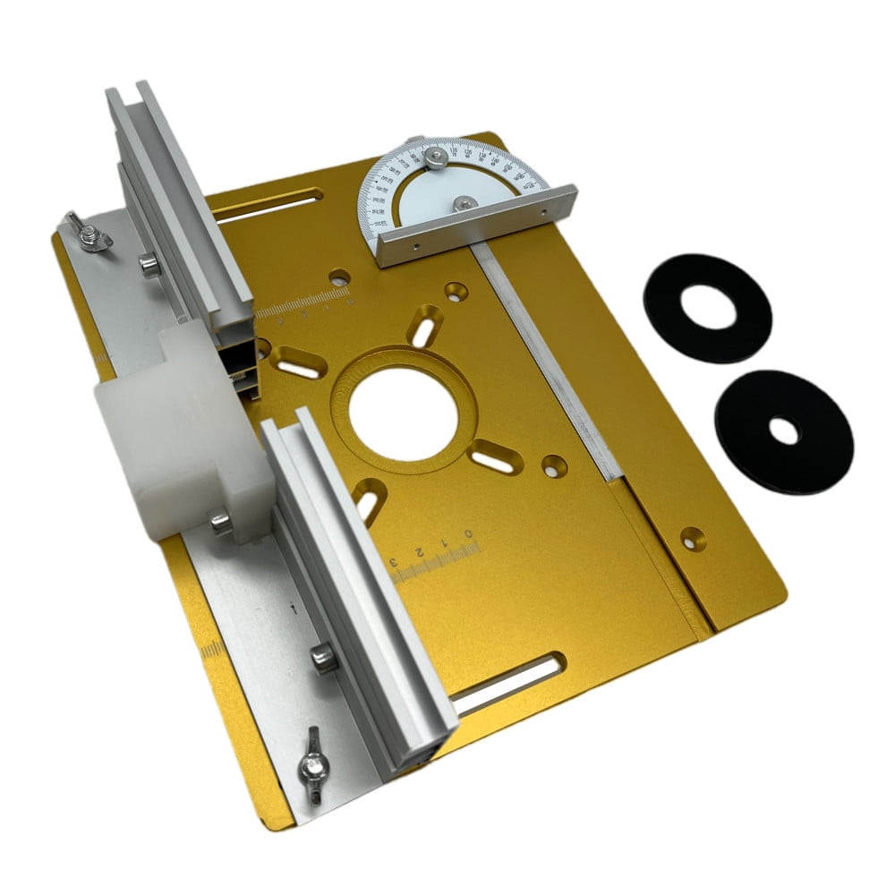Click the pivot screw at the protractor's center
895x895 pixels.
click(464, 204)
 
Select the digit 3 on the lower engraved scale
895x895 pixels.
click(394, 562)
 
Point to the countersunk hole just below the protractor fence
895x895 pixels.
click(456, 291)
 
